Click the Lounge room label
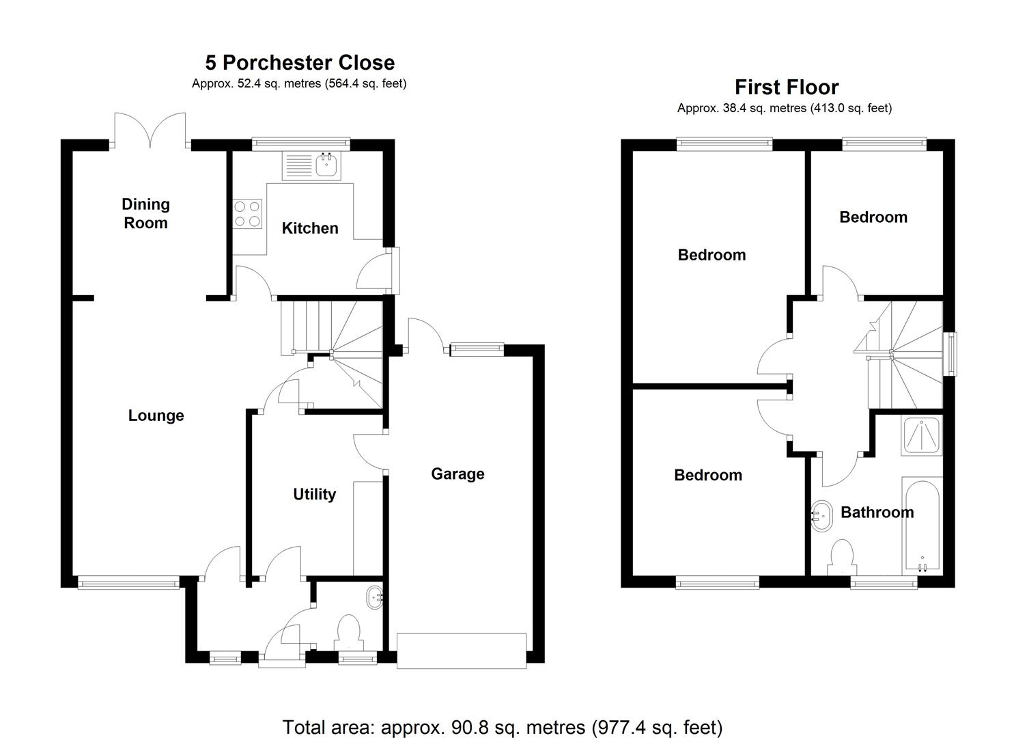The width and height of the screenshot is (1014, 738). [x=156, y=415]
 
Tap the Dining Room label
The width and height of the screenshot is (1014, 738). [x=145, y=213]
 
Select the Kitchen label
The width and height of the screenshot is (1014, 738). [x=310, y=228]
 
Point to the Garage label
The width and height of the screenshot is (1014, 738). [x=457, y=474]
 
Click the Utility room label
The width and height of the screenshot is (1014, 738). [x=314, y=494]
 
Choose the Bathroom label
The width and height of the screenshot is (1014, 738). [x=877, y=512]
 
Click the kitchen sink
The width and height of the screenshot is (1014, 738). [x=328, y=165]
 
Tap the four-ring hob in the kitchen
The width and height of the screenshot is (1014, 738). [x=247, y=213]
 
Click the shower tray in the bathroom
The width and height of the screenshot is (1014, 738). [x=922, y=436]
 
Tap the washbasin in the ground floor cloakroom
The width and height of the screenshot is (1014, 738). [x=375, y=597]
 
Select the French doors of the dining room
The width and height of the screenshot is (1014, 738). [x=150, y=130]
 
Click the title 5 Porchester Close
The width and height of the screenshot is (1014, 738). [x=300, y=63]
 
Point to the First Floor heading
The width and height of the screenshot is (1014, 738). [x=787, y=87]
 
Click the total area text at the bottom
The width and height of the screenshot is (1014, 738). [x=503, y=727]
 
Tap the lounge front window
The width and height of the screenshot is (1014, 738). [x=128, y=583]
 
